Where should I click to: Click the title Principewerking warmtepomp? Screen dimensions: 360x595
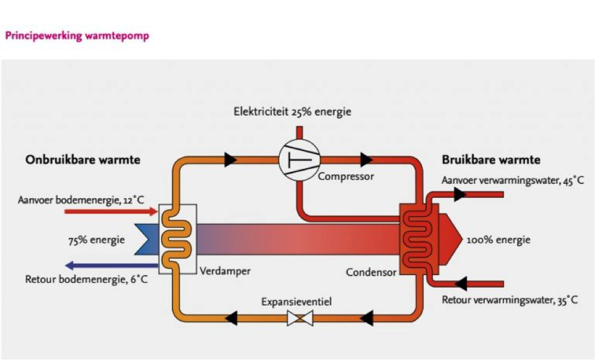click(77, 36)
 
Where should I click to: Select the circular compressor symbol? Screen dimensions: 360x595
click(299, 160)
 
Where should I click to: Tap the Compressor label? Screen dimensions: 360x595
click(345, 177)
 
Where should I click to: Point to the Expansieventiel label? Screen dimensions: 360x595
click(296, 301)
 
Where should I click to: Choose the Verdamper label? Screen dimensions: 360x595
click(225, 271)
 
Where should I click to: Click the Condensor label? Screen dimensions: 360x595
click(371, 273)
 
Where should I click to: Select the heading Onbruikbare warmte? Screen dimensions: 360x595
click(83, 161)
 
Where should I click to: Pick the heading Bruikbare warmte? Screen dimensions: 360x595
click(491, 161)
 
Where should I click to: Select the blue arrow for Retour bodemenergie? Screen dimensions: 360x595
click(111, 265)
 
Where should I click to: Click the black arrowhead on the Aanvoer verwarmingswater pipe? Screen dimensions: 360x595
click(460, 194)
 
